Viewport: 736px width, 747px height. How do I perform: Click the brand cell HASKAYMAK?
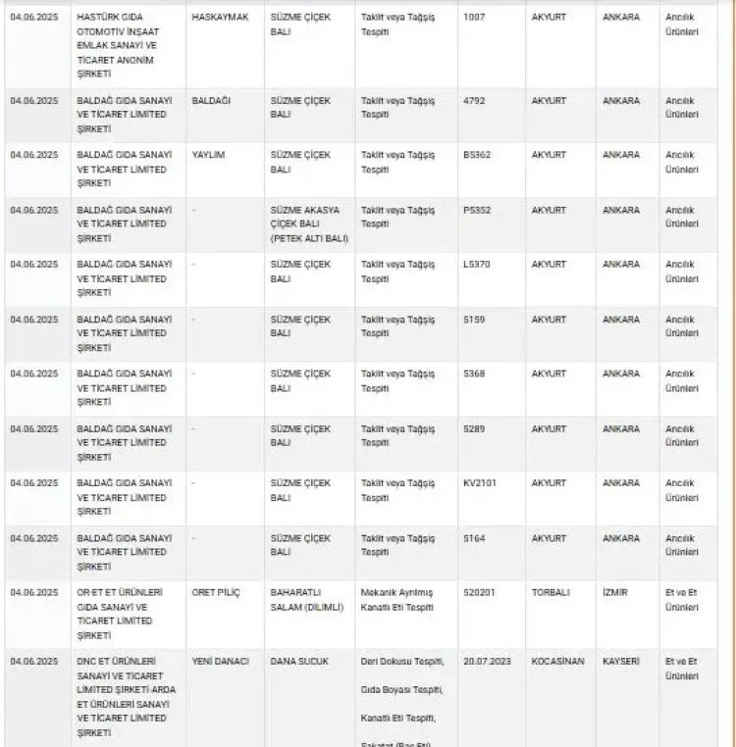pos(220,18)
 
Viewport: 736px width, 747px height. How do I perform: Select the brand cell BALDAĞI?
pos(211,101)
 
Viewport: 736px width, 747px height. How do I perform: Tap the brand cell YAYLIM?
pos(208,155)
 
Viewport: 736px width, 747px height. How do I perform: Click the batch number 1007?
pos(475,18)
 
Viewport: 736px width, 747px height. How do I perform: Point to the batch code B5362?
pos(478,155)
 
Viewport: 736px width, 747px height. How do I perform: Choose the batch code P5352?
pos(478,210)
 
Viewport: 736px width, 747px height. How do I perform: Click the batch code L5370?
pos(477,265)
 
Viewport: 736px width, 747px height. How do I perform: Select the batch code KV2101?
pos(480,483)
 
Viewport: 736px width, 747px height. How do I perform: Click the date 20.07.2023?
pos(486,662)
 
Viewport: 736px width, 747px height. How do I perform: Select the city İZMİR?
pos(615,593)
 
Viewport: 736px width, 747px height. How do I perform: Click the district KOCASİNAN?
pos(557,662)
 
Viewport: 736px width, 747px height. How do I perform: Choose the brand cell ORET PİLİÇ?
pos(216,593)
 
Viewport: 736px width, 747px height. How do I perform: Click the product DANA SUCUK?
pos(299,662)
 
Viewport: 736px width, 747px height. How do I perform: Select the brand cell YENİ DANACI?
pos(221,662)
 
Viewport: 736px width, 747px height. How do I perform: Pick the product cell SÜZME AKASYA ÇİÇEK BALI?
pos(308,224)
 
